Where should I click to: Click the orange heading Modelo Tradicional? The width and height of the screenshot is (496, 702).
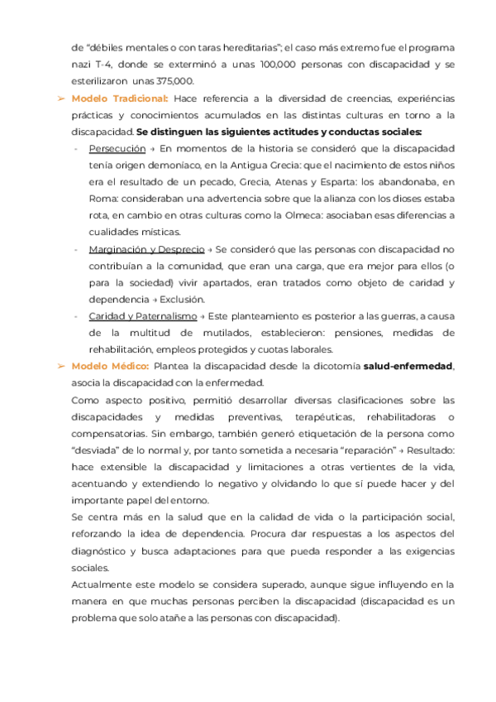click(124, 99)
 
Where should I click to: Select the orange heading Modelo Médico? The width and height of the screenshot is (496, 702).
click(111, 366)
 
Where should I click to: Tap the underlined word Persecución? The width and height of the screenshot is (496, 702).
click(116, 148)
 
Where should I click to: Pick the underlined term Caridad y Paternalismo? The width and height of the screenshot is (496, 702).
click(142, 316)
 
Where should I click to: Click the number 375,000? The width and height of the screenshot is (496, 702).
click(175, 81)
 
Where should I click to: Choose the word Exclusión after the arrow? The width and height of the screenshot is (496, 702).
click(184, 299)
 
